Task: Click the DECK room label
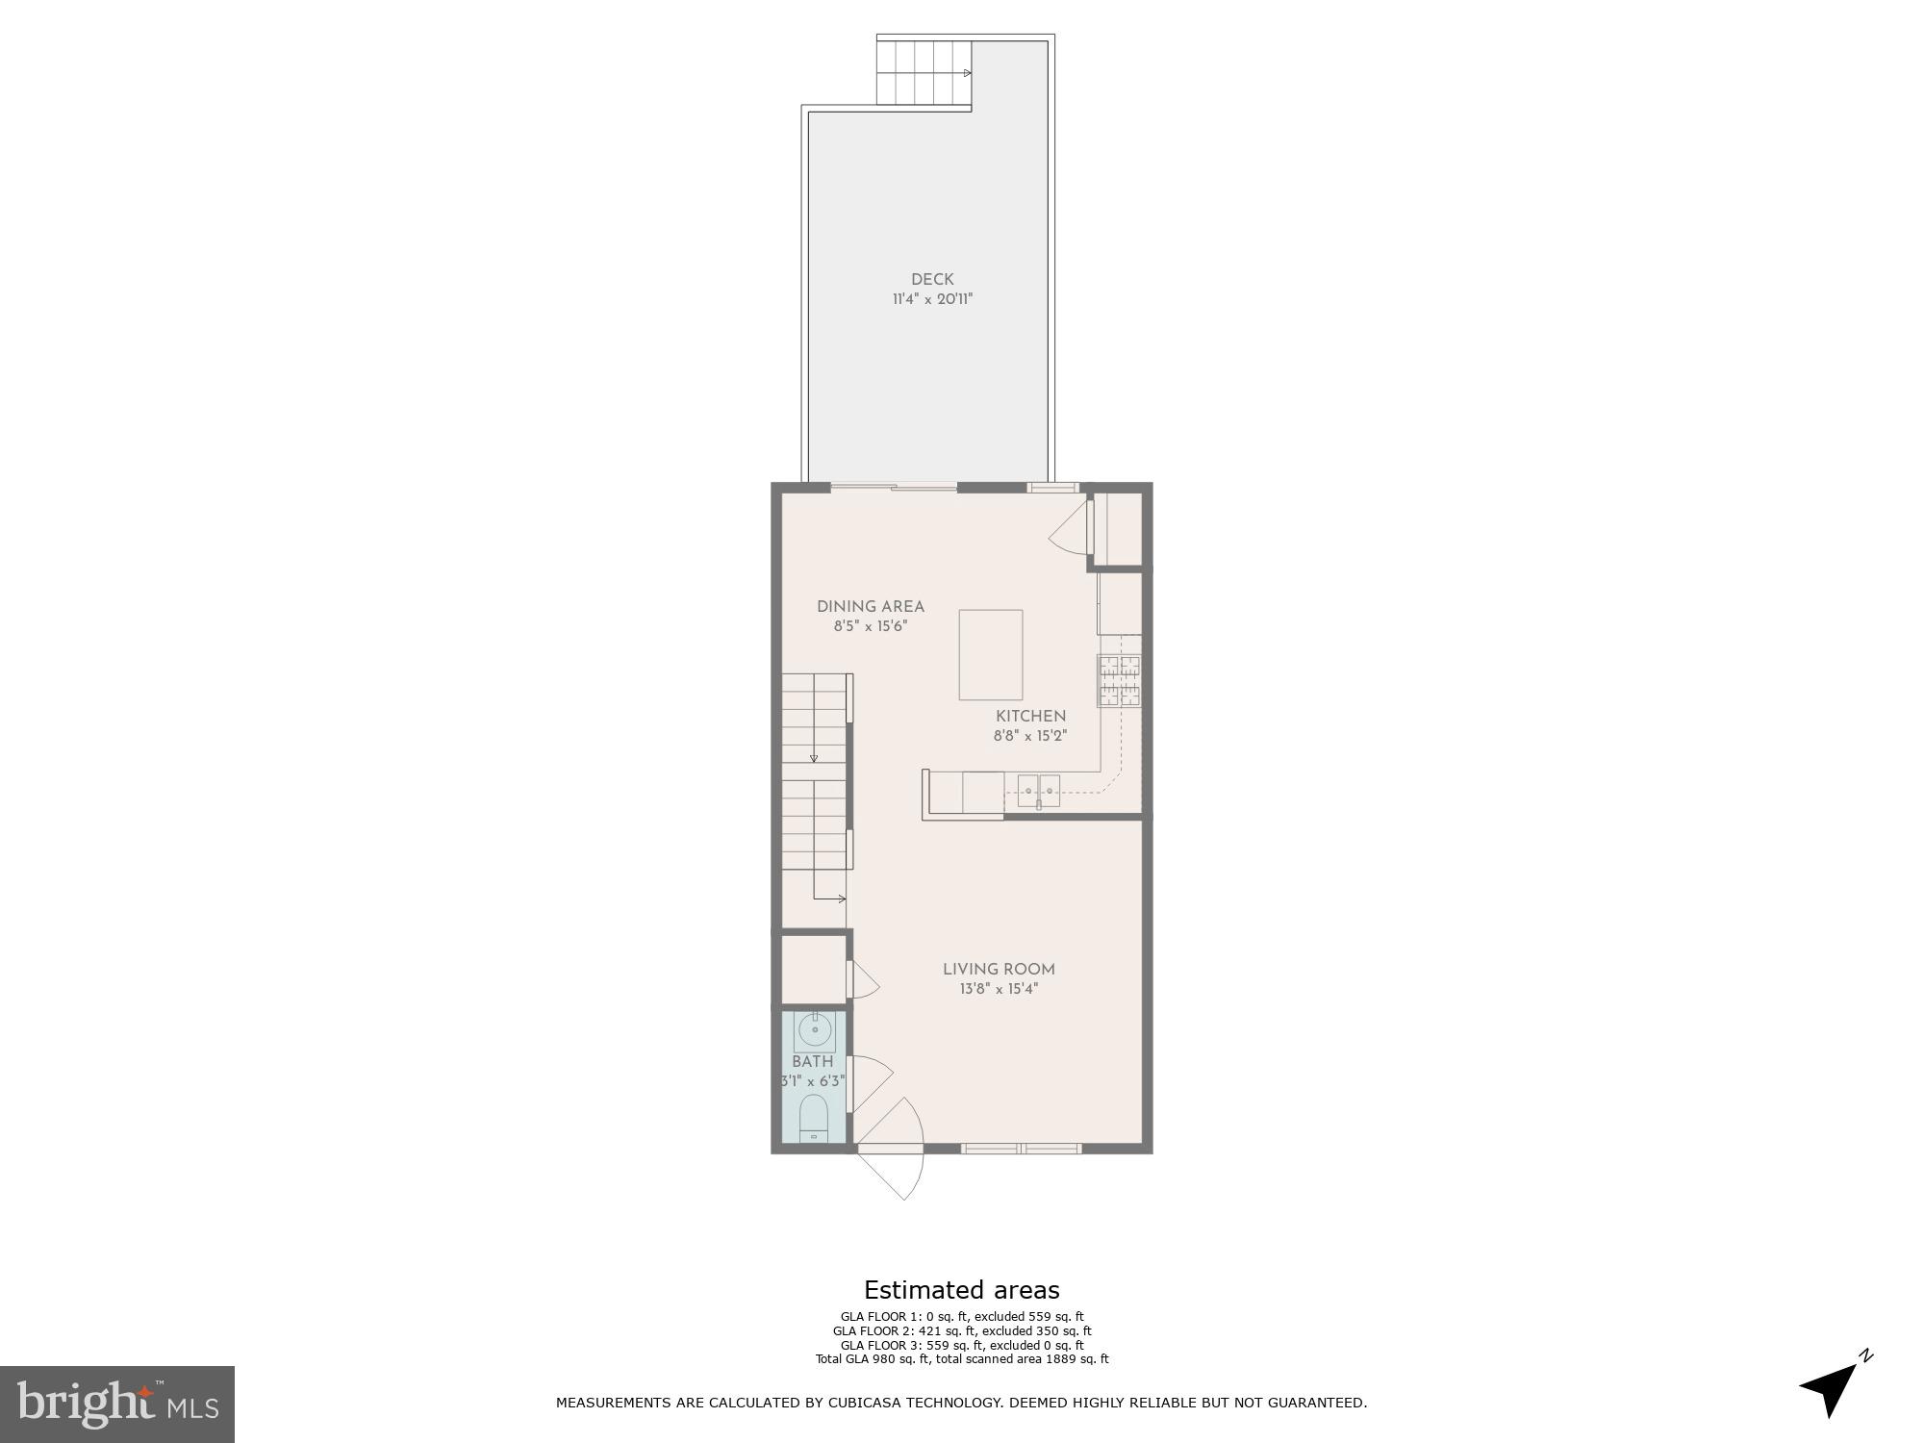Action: pos(932,279)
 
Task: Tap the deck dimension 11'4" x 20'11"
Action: pos(932,299)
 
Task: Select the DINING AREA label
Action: pos(870,606)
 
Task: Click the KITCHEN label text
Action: pos(1030,716)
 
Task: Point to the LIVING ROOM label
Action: pos(999,969)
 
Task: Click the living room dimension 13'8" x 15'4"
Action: pos(999,989)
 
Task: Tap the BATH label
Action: pos(812,1061)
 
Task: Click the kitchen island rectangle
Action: pos(990,654)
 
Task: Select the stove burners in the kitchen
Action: pos(1120,680)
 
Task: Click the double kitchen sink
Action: pos(1039,790)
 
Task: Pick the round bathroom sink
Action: pos(815,1031)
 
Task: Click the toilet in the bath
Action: pos(814,1118)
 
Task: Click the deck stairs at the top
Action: pos(924,72)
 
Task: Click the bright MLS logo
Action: pos(117,1404)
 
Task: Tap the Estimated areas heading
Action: pos(961,1290)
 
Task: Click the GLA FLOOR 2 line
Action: pos(961,1331)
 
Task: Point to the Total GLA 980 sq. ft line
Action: pos(961,1359)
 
